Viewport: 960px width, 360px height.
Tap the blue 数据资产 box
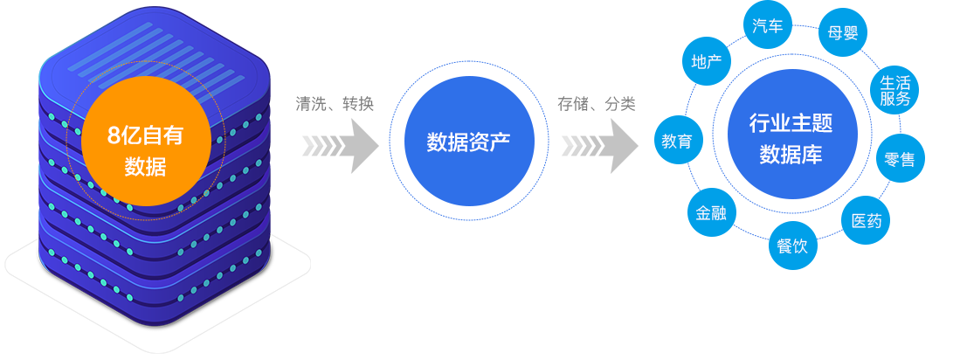pyautogui.click(x=469, y=141)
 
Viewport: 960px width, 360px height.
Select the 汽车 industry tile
pyautogui.click(x=766, y=26)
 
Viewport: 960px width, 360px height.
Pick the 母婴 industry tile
pyautogui.click(x=842, y=32)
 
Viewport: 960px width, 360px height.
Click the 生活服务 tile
pyautogui.click(x=894, y=90)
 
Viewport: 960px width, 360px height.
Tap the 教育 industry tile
pyautogui.click(x=677, y=141)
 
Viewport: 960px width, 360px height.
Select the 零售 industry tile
pyautogui.click(x=900, y=159)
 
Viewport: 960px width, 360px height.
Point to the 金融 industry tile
pyautogui.click(x=710, y=213)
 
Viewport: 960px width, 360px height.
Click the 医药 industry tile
pyautogui.click(x=866, y=220)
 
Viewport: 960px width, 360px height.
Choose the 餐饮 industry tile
pyautogui.click(x=792, y=246)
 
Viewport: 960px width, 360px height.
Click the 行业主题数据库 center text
pyautogui.click(x=791, y=139)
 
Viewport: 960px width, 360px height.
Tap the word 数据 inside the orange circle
pyautogui.click(x=145, y=166)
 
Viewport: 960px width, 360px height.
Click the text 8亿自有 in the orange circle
pyautogui.click(x=145, y=136)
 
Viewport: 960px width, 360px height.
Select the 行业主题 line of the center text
pyautogui.click(x=791, y=123)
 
